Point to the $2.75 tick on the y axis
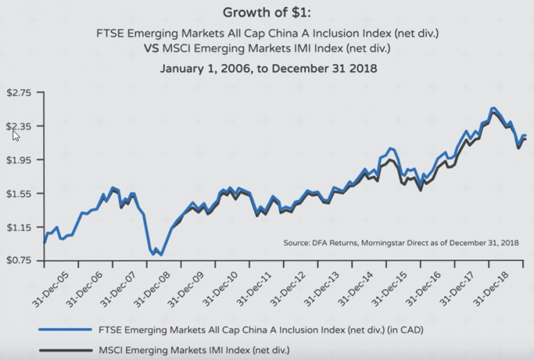coord(22,92)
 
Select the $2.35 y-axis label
coord(22,126)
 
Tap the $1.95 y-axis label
coord(22,159)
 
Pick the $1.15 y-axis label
coord(22,227)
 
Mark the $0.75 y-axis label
coord(22,261)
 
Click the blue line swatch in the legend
coord(66,329)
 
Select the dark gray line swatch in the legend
coord(66,350)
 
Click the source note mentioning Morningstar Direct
coord(402,243)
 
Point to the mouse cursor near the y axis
coord(15,134)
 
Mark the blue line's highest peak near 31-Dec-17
coord(493,108)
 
